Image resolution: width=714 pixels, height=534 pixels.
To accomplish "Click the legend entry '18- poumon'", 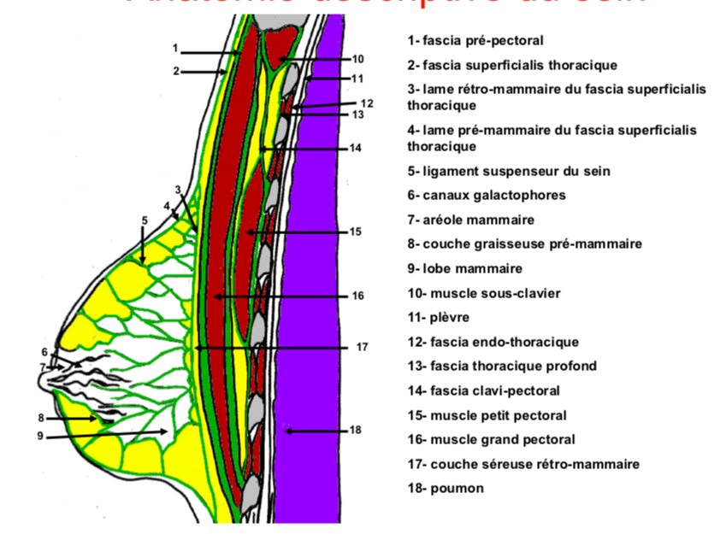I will (446, 489).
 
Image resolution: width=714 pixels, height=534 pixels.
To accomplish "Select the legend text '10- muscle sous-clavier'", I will (484, 293).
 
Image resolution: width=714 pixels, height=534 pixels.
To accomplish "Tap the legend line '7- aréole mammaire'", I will (471, 220).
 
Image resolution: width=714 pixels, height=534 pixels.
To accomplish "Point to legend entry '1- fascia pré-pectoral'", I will (475, 40).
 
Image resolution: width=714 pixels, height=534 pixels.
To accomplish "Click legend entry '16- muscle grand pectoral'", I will (492, 439).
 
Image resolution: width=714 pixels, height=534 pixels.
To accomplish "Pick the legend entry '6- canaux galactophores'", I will (487, 195).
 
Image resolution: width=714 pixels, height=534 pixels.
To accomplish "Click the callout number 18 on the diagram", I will (356, 430).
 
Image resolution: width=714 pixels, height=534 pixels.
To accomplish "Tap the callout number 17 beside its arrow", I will (362, 348).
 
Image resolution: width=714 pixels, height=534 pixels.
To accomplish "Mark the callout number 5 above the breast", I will (145, 220).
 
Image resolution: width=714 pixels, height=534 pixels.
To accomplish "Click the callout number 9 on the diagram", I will (39, 437).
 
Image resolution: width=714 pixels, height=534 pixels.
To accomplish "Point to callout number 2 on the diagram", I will (175, 72).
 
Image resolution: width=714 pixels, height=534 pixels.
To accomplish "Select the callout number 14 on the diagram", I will (356, 148).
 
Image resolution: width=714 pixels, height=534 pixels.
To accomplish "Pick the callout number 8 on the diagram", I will (40, 418).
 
